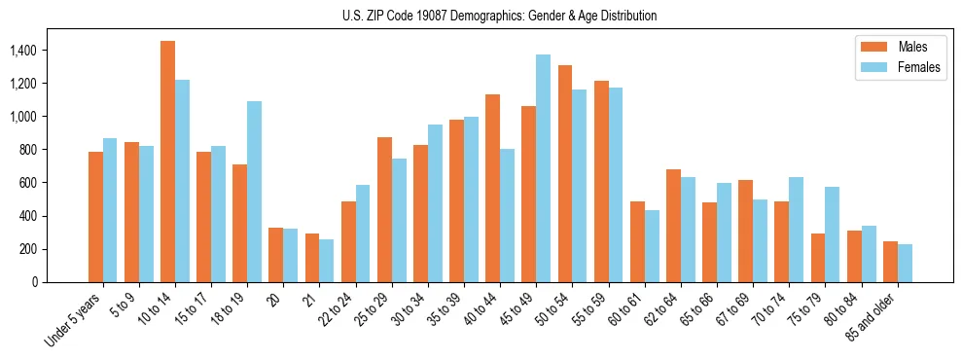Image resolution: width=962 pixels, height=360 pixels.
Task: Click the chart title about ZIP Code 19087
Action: (x=500, y=16)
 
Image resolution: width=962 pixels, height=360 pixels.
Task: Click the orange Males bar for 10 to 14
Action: (x=167, y=162)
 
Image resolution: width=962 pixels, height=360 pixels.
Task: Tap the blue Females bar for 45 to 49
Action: (x=543, y=168)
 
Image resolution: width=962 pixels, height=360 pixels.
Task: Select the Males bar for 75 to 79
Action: (x=818, y=258)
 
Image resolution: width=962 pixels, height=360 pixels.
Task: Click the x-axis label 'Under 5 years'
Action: (x=73, y=321)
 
